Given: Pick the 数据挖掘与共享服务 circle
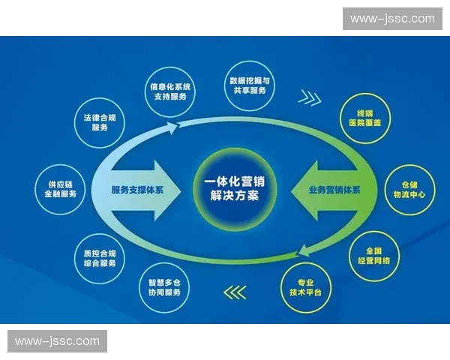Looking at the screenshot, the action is (x=250, y=85).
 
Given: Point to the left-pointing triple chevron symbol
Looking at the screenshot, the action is (x=235, y=290).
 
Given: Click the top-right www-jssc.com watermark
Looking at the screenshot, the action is (x=392, y=19).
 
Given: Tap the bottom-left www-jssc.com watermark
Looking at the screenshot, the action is (x=57, y=341).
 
